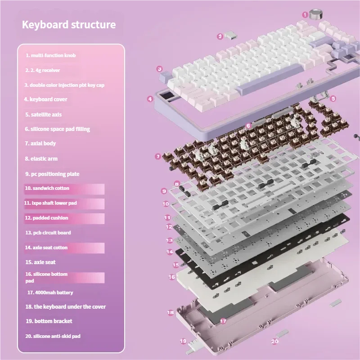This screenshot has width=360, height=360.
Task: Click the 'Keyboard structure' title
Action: pyautogui.click(x=69, y=25)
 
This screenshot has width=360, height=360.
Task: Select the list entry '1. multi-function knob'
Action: pyautogui.click(x=50, y=55)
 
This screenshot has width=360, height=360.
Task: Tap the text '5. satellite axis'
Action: pyautogui.click(x=43, y=115)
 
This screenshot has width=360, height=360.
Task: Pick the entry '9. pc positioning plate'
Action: pyautogui.click(x=52, y=174)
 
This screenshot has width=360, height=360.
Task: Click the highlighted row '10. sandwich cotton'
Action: pyautogui.click(x=64, y=189)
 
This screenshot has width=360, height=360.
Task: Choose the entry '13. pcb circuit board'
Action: pyautogui.click(x=48, y=233)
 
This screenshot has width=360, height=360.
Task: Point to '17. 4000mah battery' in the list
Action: pyautogui.click(x=50, y=292)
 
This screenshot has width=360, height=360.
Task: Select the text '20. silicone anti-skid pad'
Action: pyautogui.click(x=53, y=336)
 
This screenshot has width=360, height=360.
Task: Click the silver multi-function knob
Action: pyautogui.click(x=316, y=14)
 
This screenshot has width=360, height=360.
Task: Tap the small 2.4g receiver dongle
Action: pyautogui.click(x=230, y=35)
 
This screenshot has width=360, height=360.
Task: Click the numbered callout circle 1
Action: pyautogui.click(x=305, y=15)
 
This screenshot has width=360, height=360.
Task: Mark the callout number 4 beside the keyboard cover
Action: pyautogui.click(x=150, y=99)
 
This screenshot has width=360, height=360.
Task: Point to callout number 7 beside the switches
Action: pyautogui.click(x=158, y=157)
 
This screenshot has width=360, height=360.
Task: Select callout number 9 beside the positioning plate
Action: pyautogui.click(x=164, y=191)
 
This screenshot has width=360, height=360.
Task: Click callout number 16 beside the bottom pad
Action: pyautogui.click(x=172, y=277)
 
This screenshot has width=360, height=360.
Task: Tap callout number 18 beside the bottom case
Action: pyautogui.click(x=171, y=312)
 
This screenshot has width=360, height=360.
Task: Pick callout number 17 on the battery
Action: pyautogui.click(x=223, y=321)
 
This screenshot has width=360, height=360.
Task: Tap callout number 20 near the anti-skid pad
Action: pyautogui.click(x=274, y=342)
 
